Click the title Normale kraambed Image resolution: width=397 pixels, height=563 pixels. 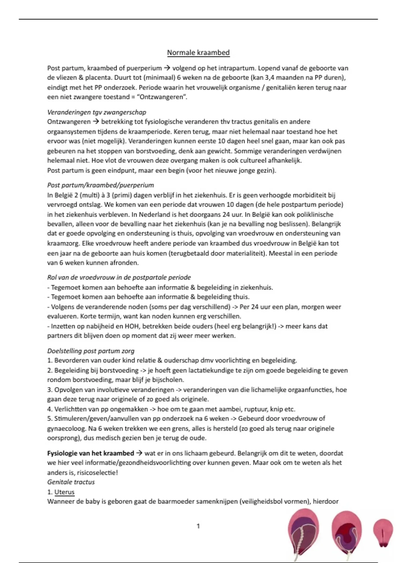pyautogui.click(x=198, y=53)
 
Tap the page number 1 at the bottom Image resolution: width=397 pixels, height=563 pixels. pyautogui.click(x=198, y=526)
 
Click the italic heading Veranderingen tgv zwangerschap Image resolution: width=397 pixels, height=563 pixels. pyautogui.click(x=97, y=112)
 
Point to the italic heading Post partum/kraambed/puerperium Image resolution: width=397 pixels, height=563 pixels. pyautogui.click(x=101, y=185)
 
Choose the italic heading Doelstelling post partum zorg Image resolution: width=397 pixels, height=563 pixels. pyautogui.click(x=91, y=351)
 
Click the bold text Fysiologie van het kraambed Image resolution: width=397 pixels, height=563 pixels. pyautogui.click(x=91, y=453)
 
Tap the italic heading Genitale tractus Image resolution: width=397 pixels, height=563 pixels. pyautogui.click(x=71, y=482)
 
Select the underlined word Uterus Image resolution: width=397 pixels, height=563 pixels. pyautogui.click(x=65, y=492)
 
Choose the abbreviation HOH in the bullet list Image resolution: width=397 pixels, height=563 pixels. pyautogui.click(x=133, y=326)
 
